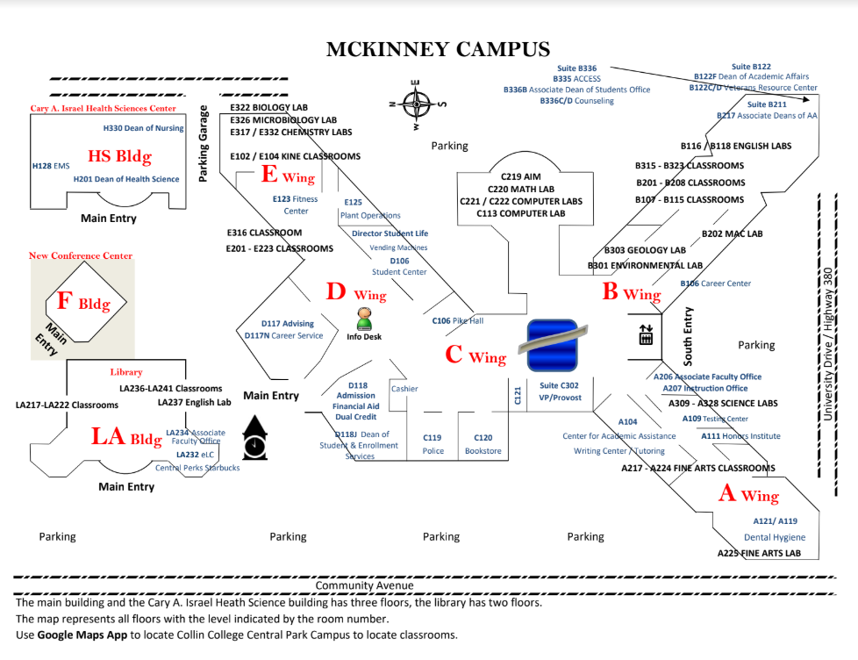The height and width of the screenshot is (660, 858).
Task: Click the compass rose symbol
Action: pyautogui.click(x=417, y=104)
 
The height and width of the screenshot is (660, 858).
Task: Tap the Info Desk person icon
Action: pyautogui.click(x=364, y=319)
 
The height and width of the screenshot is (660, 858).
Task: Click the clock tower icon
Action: pyautogui.click(x=254, y=438)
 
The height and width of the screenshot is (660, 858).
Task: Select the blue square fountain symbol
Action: pyautogui.click(x=553, y=346)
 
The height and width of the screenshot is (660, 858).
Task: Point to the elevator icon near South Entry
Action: pyautogui.click(x=646, y=335)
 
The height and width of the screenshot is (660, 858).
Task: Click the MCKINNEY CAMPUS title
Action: pyautogui.click(x=438, y=49)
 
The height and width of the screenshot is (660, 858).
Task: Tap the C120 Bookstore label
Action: pyautogui.click(x=483, y=444)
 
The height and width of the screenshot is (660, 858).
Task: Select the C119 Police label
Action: pyautogui.click(x=433, y=444)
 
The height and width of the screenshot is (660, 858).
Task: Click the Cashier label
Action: pyautogui.click(x=404, y=389)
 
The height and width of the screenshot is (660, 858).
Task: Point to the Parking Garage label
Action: pyautogui.click(x=203, y=143)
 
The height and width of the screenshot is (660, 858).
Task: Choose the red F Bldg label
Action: pyautogui.click(x=83, y=301)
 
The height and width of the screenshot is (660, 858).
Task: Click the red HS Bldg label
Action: pyautogui.click(x=120, y=156)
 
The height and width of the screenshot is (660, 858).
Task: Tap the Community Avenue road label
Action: pyautogui.click(x=364, y=585)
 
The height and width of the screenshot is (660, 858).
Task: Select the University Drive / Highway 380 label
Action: pyautogui.click(x=827, y=344)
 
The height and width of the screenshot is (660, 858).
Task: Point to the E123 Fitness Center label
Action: pyautogui.click(x=296, y=204)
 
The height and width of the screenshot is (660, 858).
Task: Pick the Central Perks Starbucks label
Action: pyautogui.click(x=197, y=468)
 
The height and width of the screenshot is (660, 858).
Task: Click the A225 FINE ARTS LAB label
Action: pyautogui.click(x=759, y=553)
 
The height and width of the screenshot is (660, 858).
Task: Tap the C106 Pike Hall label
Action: pyautogui.click(x=458, y=320)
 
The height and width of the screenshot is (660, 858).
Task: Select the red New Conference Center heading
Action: pyautogui.click(x=81, y=255)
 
